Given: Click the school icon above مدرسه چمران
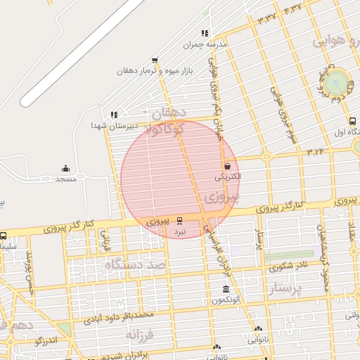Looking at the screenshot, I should [205, 33].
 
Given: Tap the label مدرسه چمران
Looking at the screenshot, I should [206, 44].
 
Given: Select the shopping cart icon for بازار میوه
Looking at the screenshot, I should [155, 60].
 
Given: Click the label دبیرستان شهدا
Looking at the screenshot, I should [108, 124].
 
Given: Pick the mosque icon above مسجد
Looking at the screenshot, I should [65, 168].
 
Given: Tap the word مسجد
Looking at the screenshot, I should [66, 179].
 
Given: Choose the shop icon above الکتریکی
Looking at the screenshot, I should [227, 166].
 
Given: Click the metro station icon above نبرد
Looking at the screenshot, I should [180, 219].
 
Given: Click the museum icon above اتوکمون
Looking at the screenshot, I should [226, 290].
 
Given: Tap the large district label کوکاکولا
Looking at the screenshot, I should [166, 129].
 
